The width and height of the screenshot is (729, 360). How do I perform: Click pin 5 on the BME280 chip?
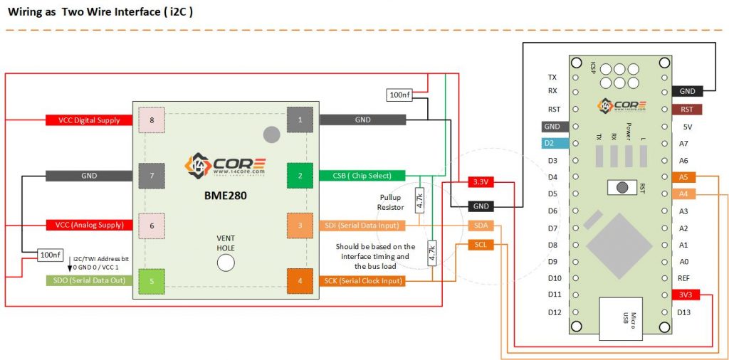(x=152, y=281)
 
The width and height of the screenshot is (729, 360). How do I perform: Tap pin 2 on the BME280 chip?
(x=300, y=176)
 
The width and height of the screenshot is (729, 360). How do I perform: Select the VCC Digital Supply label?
(x=89, y=120)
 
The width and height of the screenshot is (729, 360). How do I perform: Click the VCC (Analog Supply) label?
(x=89, y=226)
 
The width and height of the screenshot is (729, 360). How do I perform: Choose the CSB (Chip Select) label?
(x=362, y=176)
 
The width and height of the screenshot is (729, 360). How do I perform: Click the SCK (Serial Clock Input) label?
(x=362, y=280)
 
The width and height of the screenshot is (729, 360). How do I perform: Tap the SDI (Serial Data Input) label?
(x=362, y=226)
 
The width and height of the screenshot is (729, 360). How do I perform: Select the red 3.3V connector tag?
(x=481, y=183)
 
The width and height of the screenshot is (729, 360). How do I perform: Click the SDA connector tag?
(x=481, y=226)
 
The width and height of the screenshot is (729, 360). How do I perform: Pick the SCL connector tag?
(x=481, y=245)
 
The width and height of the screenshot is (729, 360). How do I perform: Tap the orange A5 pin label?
(x=683, y=176)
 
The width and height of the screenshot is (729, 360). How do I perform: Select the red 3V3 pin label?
(x=686, y=295)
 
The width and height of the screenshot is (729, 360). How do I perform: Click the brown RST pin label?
(x=687, y=110)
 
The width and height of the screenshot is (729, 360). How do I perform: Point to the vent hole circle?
(x=226, y=263)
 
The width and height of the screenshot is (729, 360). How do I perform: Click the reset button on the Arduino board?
(x=622, y=187)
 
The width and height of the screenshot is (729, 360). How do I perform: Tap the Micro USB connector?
(x=622, y=315)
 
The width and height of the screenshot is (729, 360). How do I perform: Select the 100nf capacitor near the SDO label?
(x=51, y=255)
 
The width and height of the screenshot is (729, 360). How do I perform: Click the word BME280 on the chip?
(x=226, y=196)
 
